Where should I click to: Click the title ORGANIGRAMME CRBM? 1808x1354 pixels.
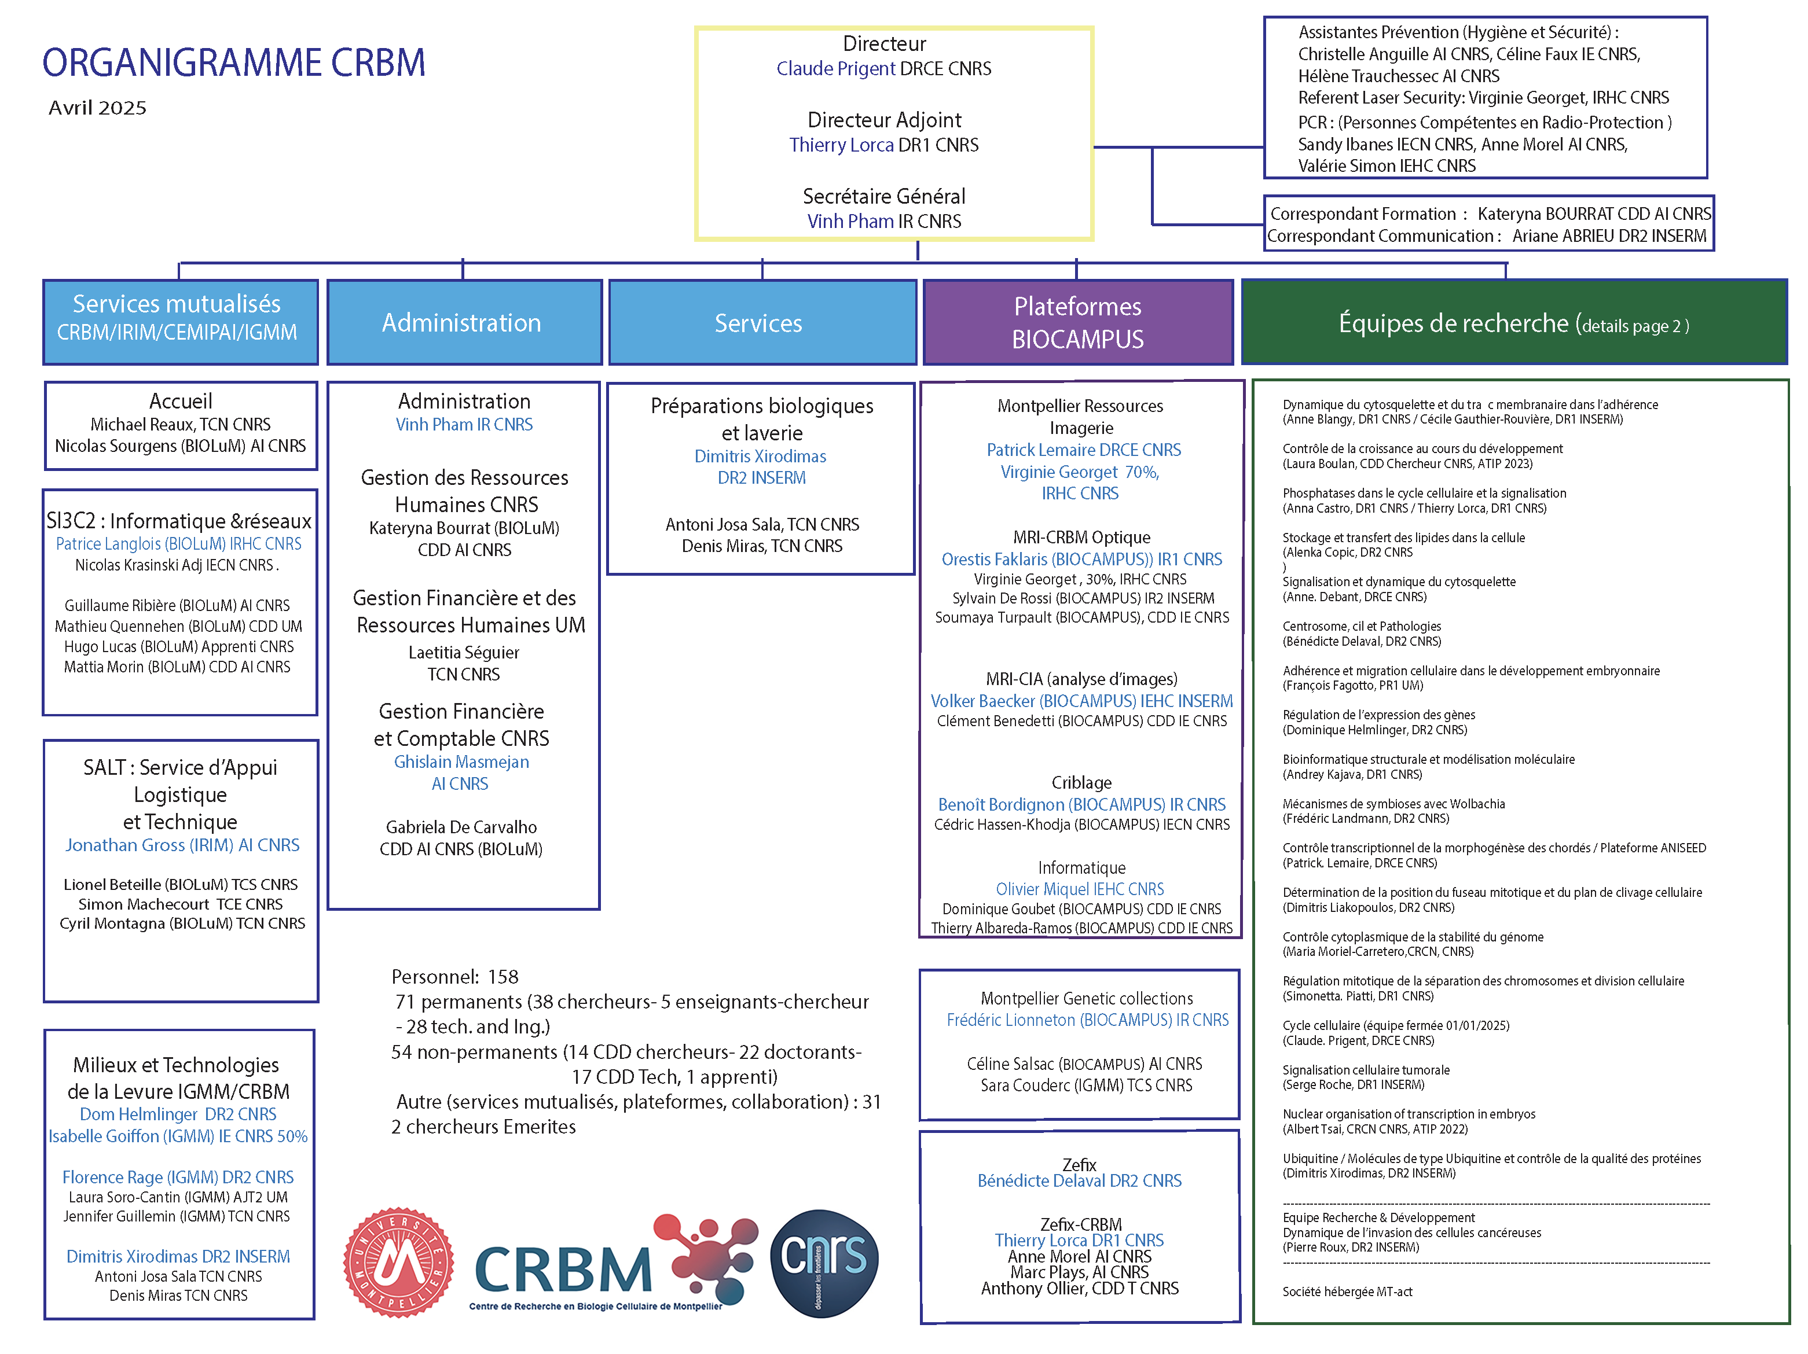pyautogui.click(x=234, y=63)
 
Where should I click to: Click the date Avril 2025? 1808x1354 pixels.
pyautogui.click(x=97, y=108)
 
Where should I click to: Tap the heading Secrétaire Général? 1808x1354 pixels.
pyautogui.click(x=883, y=196)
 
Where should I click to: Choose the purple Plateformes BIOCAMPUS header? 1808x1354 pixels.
pyautogui.click(x=1077, y=323)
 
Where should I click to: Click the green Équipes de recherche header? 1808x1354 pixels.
pyautogui.click(x=1513, y=323)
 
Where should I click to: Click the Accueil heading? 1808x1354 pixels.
pyautogui.click(x=181, y=401)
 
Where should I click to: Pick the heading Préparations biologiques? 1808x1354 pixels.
pyautogui.click(x=762, y=406)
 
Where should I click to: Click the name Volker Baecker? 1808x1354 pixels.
pyautogui.click(x=982, y=701)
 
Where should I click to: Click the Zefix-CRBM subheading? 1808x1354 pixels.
pyautogui.click(x=1080, y=1224)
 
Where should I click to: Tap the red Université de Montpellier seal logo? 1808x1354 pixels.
pyautogui.click(x=398, y=1261)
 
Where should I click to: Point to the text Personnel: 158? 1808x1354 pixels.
pyautogui.click(x=454, y=977)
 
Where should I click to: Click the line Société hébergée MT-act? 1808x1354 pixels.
pyautogui.click(x=1347, y=1291)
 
